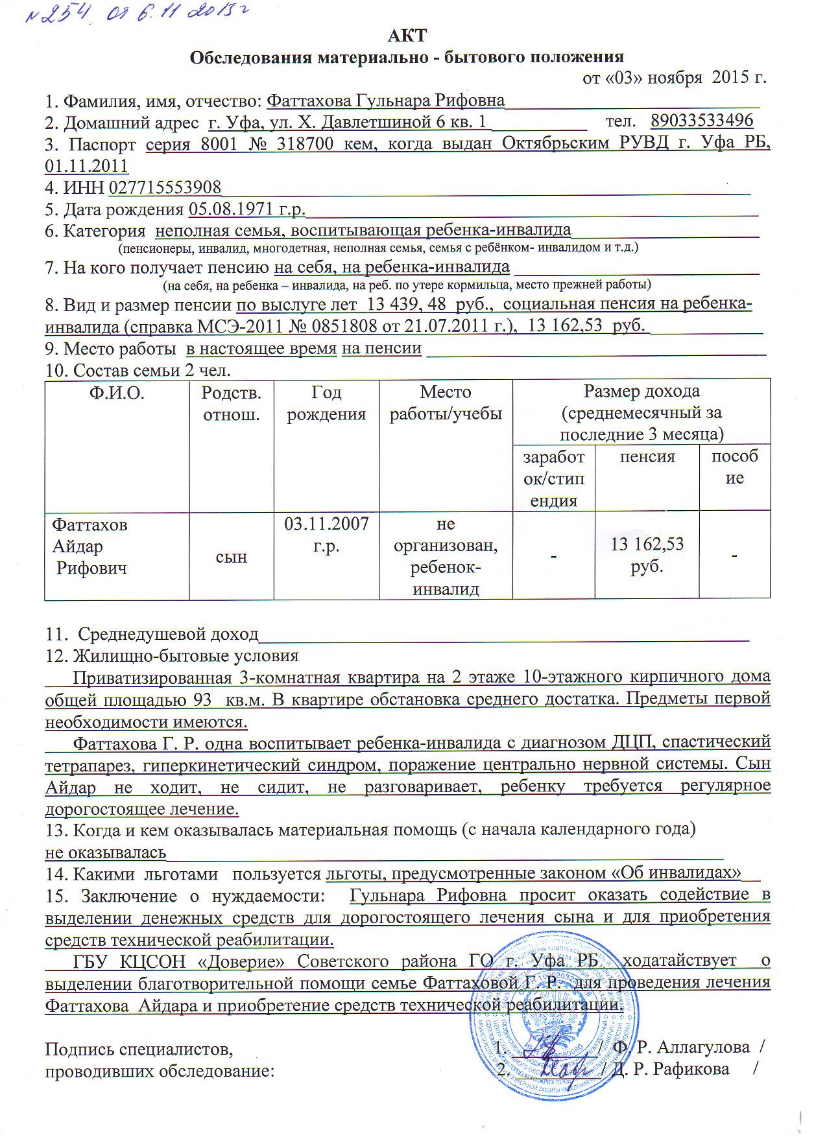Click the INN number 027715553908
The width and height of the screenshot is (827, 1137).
point(165,188)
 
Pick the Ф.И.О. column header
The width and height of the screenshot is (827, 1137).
point(117,393)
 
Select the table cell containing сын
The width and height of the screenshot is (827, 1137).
point(231,557)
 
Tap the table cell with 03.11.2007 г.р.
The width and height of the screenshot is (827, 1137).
point(326,534)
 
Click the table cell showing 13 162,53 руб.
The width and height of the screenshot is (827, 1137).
point(647,554)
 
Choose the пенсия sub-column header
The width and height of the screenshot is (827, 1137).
point(647,457)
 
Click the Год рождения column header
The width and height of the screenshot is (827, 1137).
point(326,403)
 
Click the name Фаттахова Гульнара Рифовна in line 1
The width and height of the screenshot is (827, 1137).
point(385,100)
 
